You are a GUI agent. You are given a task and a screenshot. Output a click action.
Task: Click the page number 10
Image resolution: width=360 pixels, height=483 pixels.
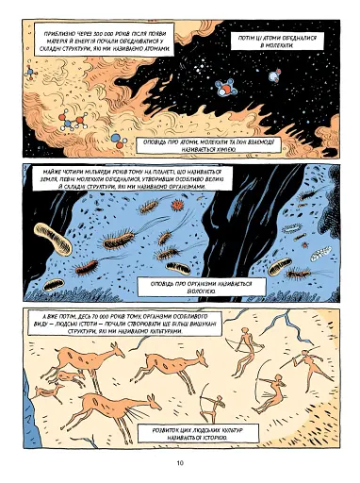[179, 462]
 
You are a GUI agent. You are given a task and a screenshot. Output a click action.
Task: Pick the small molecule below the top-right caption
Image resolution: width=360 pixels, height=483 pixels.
[276, 69]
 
